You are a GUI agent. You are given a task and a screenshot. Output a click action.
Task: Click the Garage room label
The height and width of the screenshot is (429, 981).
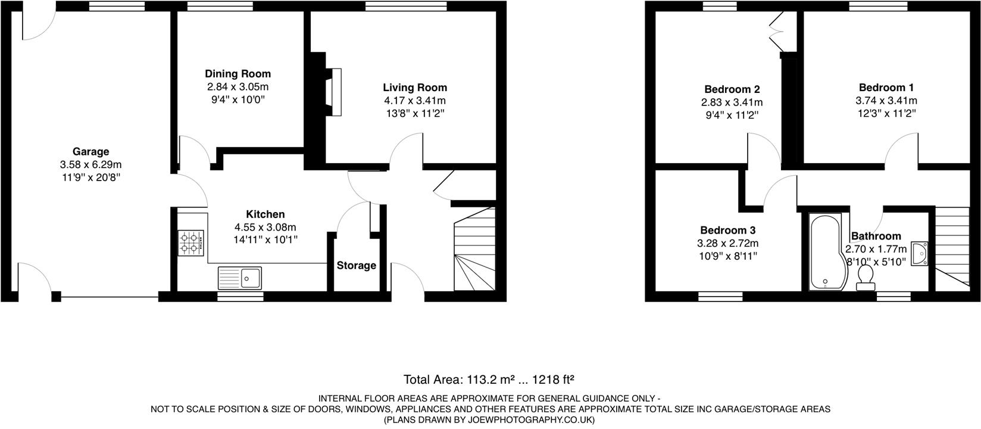tap(90, 152)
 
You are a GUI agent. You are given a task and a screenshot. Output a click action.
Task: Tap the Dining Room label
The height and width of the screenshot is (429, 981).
tap(238, 74)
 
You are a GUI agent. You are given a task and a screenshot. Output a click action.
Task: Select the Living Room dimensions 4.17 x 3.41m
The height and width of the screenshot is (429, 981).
tap(415, 101)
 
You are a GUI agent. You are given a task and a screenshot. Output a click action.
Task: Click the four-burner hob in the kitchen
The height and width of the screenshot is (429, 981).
tap(191, 243)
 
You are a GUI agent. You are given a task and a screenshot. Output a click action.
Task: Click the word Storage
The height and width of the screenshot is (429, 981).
tap(356, 266)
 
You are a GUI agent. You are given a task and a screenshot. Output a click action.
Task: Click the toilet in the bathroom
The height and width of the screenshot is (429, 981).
tap(866, 278)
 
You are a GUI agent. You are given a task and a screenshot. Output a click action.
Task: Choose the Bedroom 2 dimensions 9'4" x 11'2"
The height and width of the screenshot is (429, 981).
tap(732, 115)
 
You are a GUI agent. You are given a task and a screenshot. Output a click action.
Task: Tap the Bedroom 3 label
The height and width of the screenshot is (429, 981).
tap(727, 231)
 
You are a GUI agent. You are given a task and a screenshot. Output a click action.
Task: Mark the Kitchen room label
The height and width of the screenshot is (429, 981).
tap(265, 214)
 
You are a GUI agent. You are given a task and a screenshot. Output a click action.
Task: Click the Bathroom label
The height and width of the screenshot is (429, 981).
tap(876, 237)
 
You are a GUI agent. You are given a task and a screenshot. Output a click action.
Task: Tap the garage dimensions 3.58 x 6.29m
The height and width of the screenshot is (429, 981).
tap(90, 164)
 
